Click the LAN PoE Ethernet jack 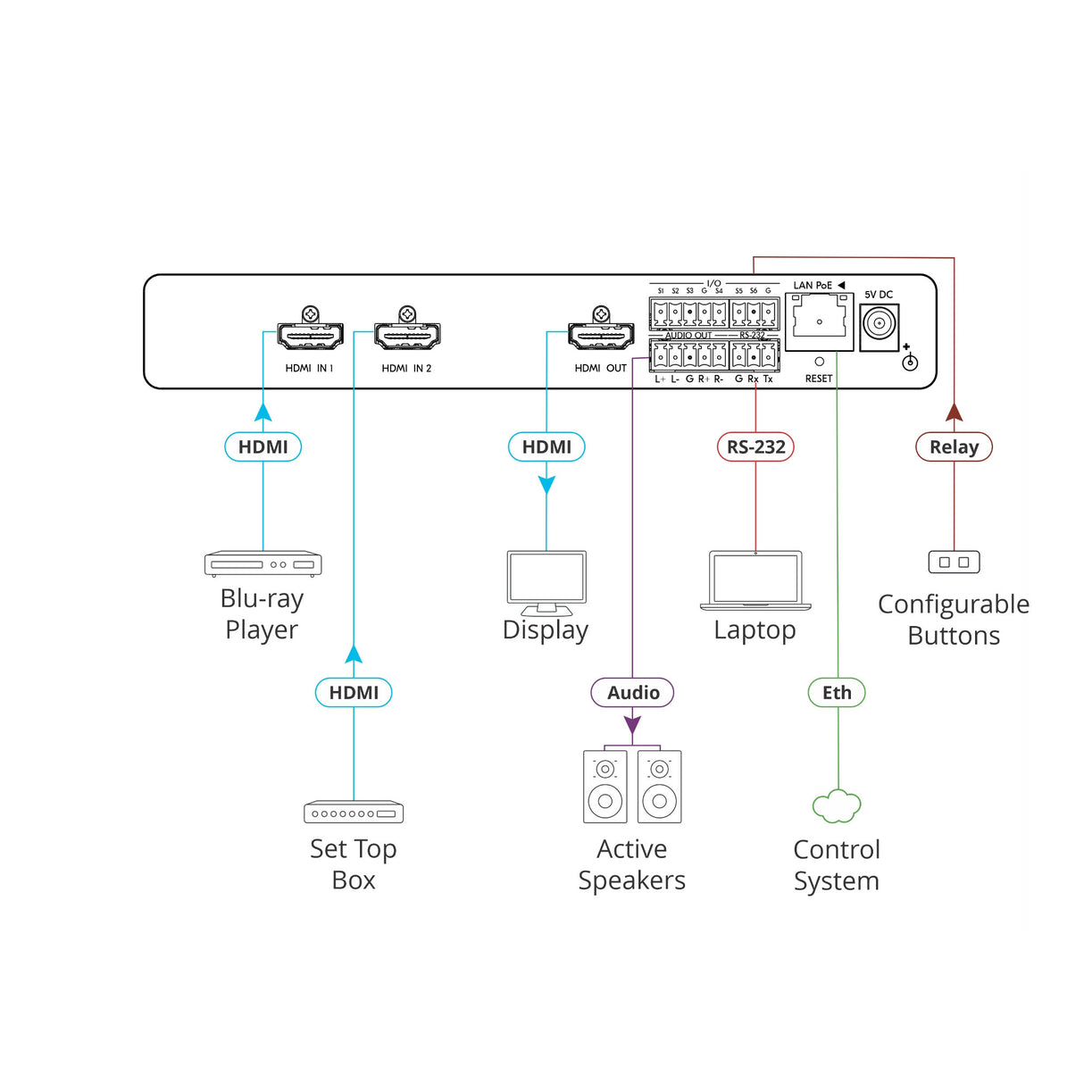tap(819, 321)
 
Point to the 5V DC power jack tap(880, 328)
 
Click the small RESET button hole tap(819, 362)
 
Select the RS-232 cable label tap(755, 446)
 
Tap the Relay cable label tap(954, 446)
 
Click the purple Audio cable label tap(632, 693)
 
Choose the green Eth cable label tap(837, 693)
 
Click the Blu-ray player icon tap(263, 563)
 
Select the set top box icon tap(354, 812)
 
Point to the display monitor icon tap(546, 583)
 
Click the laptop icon tap(755, 580)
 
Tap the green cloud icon tap(837, 805)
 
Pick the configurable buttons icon tap(954, 562)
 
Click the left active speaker tap(605, 787)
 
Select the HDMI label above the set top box tap(354, 693)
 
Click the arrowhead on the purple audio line tap(632, 725)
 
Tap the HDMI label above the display tap(546, 446)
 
